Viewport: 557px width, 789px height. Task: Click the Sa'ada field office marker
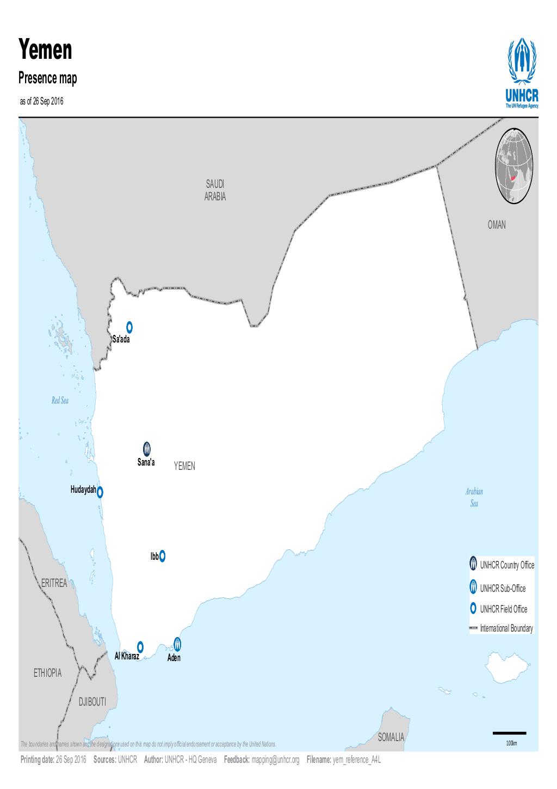click(x=129, y=327)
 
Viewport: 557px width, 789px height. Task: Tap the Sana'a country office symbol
click(x=147, y=449)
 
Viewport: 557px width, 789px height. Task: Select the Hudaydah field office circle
click(x=100, y=492)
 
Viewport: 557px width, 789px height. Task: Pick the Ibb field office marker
click(x=162, y=556)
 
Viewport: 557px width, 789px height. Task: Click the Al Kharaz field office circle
click(x=140, y=646)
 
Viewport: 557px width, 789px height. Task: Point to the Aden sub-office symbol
click(x=177, y=644)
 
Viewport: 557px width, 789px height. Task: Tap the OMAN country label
click(x=496, y=225)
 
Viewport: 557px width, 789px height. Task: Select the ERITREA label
click(x=54, y=583)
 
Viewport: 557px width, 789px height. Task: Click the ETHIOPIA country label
click(x=47, y=673)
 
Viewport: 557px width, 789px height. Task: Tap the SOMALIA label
click(x=391, y=737)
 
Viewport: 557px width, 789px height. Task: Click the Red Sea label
click(x=60, y=401)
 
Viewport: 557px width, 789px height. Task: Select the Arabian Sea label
click(x=474, y=497)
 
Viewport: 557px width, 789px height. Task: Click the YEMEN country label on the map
click(x=184, y=467)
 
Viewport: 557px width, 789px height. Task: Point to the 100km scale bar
click(x=510, y=734)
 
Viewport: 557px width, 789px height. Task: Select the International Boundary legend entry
click(x=501, y=628)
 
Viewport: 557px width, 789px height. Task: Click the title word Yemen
click(x=46, y=50)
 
